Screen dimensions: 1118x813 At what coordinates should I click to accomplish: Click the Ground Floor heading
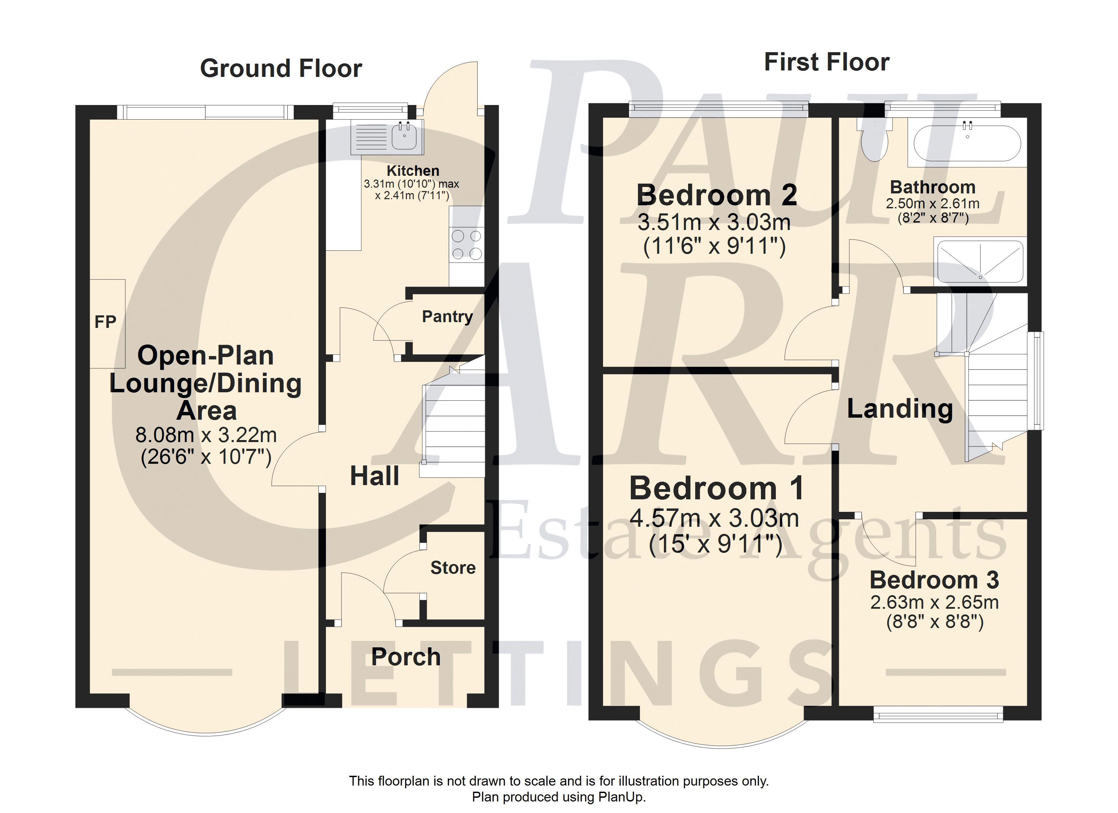pos(281,68)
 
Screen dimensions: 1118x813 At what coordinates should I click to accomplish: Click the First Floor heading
pos(827,62)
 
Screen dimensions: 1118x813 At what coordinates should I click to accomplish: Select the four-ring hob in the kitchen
pos(466,245)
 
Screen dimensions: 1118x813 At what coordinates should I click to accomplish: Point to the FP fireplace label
pos(105,322)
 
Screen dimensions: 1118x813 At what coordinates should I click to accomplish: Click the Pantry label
pos(447,316)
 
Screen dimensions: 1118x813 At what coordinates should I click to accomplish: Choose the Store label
pos(453,567)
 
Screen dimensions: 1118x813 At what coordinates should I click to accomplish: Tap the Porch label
pos(406,657)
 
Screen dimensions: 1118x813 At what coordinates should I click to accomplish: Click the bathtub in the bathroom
pos(968,143)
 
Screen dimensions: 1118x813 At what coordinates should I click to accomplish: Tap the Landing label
pos(899,409)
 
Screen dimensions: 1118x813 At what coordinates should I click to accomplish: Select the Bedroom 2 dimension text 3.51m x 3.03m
pos(714,222)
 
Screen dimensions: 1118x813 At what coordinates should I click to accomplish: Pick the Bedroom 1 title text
pos(716,488)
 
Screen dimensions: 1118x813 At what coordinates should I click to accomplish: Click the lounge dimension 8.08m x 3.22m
pos(206,435)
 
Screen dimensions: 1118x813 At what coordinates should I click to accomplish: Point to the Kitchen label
pos(413,171)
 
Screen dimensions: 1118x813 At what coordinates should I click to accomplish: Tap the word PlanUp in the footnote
pos(621,797)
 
